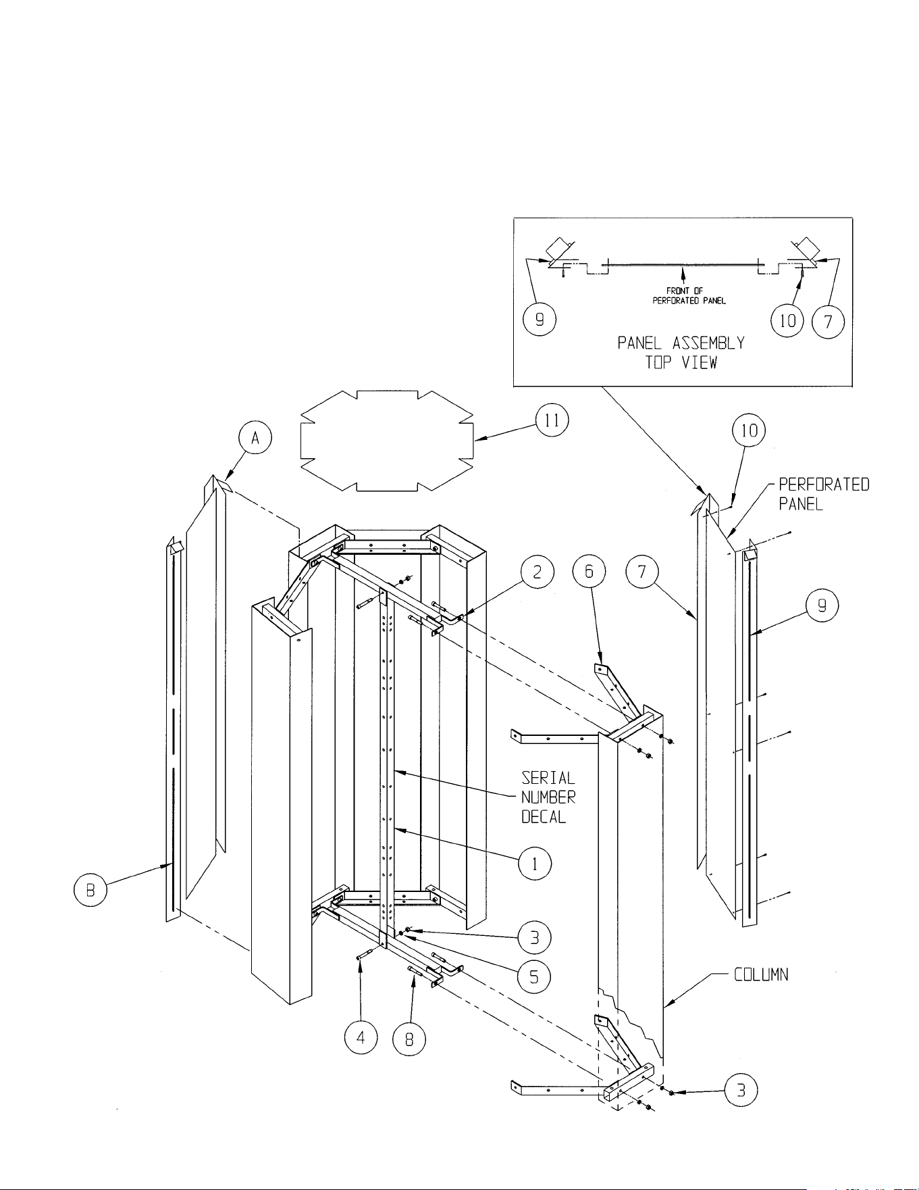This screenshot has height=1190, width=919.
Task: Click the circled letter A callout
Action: (255, 439)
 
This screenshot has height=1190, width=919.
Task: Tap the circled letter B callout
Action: (90, 889)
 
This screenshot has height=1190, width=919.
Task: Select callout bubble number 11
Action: (552, 420)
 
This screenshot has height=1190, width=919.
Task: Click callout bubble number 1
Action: (535, 864)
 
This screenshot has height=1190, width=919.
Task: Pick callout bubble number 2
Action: (537, 572)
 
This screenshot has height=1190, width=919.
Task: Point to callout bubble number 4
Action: (361, 1038)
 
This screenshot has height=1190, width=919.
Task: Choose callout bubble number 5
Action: (534, 976)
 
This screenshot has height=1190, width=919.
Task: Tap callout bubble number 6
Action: (589, 572)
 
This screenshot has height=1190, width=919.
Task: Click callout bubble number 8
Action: (409, 1039)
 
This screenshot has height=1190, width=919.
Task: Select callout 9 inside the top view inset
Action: (540, 320)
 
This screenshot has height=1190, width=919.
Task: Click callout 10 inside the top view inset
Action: (787, 320)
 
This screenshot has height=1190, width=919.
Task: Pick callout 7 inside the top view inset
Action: (828, 320)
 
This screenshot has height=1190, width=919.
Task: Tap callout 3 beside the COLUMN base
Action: (741, 1091)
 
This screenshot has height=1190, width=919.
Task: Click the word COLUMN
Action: (761, 975)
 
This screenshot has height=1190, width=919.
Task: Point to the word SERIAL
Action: (548, 778)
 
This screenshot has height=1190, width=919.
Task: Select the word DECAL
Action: (544, 817)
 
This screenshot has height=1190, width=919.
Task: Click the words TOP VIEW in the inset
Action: (681, 362)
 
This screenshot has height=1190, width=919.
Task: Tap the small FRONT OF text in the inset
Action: (685, 291)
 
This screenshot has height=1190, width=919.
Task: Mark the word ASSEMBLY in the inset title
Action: (708, 343)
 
